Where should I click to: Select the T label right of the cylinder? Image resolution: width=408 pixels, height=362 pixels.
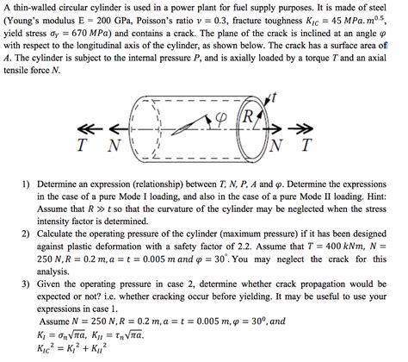tap(306, 147)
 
